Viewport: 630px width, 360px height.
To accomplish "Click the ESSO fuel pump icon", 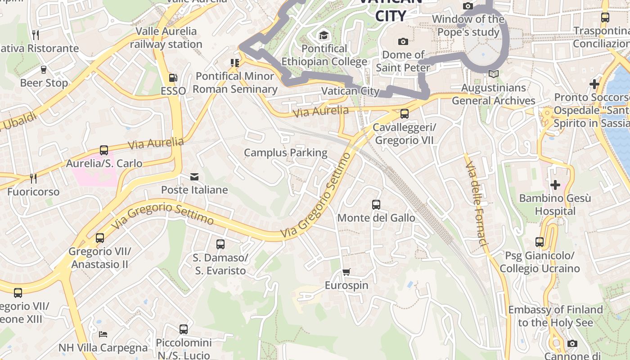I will point(173,78).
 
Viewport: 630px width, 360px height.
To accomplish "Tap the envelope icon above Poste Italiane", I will point(194,177).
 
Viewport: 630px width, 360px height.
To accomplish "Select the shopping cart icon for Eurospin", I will point(346,272).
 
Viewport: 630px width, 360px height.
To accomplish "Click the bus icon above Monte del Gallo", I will point(376,205).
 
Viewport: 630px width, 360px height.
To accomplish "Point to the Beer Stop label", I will point(44,83).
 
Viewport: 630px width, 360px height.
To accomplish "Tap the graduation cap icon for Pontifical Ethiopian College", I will point(324,36).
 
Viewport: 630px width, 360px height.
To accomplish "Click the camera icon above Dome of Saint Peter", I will point(403,42).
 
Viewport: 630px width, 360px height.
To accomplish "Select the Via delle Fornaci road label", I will point(477,204).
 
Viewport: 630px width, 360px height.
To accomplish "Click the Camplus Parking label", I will point(286,153).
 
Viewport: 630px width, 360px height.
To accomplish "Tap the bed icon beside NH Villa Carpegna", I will point(103,334).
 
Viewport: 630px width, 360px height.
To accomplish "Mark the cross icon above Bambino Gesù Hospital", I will point(555,185).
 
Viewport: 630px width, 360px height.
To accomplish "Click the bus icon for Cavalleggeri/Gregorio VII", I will point(404,114).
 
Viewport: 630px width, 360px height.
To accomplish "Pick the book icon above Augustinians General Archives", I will point(494,74).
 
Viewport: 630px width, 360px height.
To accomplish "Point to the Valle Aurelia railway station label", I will point(166,38).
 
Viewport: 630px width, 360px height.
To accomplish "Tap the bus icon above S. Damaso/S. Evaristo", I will point(220,244).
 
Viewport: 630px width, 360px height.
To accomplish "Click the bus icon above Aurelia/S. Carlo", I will point(104,150).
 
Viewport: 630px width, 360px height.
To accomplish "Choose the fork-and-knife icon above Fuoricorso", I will point(33,179).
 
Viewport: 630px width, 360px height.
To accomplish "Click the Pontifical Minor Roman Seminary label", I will point(235,82).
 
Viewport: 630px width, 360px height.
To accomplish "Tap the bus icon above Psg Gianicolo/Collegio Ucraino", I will point(540,242).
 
